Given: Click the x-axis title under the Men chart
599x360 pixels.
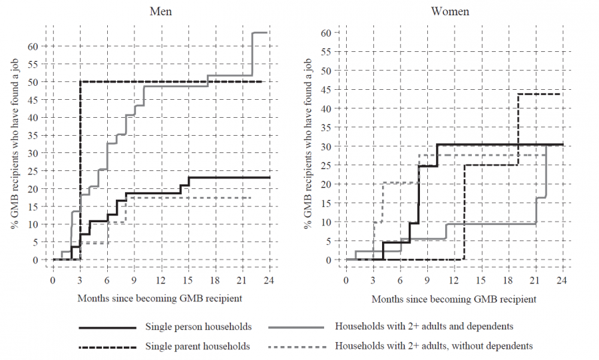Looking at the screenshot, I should [160, 299].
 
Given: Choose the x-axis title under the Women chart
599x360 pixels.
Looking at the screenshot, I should [453, 299].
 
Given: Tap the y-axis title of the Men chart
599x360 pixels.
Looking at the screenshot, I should [15, 143].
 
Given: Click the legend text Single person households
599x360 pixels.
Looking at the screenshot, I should [196, 327].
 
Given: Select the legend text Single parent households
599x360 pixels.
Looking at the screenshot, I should [196, 347].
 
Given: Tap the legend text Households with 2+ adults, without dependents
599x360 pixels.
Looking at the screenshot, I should [433, 347].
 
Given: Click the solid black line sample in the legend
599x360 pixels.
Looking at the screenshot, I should [106, 328].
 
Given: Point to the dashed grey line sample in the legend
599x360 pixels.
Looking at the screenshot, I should [296, 347].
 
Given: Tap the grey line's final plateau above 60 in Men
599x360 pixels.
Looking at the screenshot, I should [260, 33].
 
